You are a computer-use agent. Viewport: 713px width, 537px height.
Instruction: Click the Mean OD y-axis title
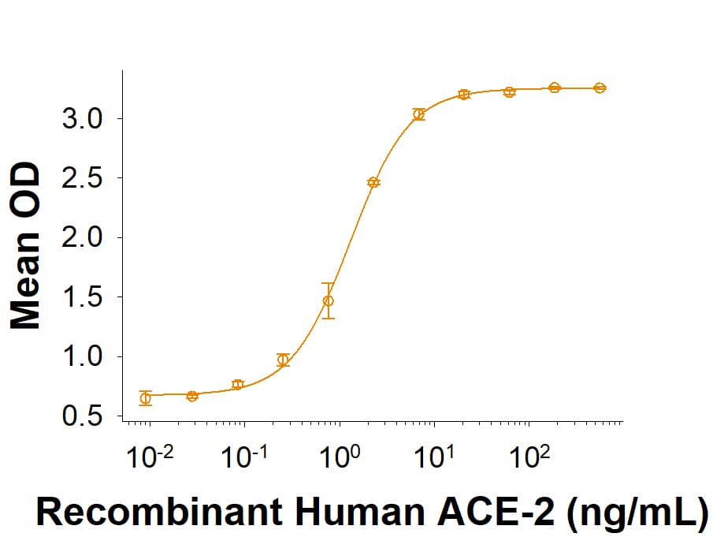(28, 246)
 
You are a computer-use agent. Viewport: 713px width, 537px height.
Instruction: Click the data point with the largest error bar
(328, 300)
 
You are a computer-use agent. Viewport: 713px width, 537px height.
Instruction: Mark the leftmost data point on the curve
(145, 398)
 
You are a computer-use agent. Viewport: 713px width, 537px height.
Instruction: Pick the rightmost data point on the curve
(600, 88)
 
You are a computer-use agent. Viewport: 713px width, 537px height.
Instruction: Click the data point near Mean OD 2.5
(373, 182)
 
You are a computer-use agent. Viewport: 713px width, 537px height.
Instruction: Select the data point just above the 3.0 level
(418, 114)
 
